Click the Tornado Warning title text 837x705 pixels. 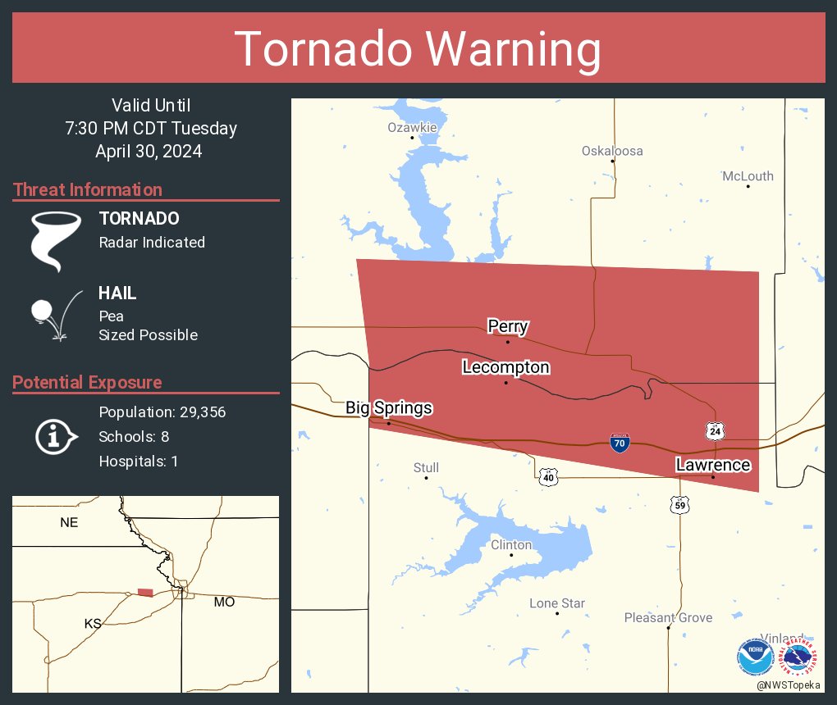point(418,49)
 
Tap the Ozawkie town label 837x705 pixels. point(412,128)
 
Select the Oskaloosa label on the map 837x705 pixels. point(612,151)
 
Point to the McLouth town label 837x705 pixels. point(748,176)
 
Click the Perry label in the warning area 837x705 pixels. point(507,326)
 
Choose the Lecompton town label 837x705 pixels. point(505,367)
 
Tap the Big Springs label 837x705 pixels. point(388,407)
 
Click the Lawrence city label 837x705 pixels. point(712,465)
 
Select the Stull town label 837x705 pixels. point(426,468)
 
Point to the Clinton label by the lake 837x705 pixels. point(511,545)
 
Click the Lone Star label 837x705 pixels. point(557,603)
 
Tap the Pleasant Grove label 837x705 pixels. point(668,618)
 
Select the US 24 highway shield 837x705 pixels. point(713,430)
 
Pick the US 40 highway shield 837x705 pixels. point(548,476)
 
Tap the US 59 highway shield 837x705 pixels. point(679,504)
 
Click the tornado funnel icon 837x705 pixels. point(56,241)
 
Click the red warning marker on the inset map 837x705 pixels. point(145,592)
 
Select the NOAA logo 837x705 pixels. point(755,657)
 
